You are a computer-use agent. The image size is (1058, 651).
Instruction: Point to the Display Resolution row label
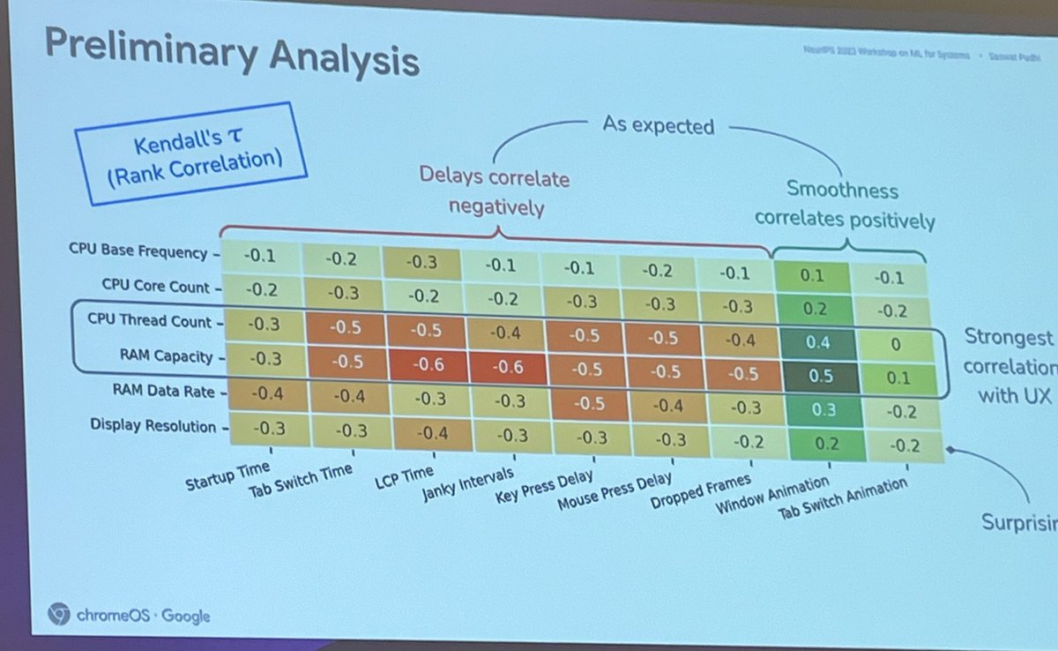[x=153, y=426]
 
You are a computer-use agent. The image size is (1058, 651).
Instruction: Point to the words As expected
[x=658, y=126]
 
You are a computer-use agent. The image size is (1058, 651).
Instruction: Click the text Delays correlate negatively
[x=496, y=192]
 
